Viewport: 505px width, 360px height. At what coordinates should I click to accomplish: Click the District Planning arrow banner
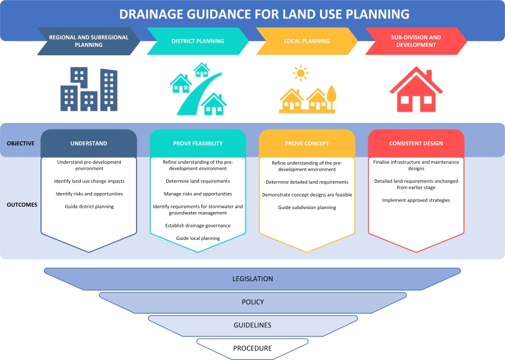(198, 41)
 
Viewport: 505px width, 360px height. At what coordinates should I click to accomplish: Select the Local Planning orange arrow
(306, 41)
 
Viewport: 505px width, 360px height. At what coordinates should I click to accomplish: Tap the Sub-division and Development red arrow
(416, 41)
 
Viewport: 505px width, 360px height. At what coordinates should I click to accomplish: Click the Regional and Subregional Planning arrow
(89, 41)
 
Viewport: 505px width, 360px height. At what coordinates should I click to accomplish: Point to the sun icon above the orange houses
(301, 74)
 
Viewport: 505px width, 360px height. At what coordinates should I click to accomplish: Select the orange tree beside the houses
(330, 97)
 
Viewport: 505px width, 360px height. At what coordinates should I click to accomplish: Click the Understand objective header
(89, 143)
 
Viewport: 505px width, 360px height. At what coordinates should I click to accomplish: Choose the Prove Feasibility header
(198, 143)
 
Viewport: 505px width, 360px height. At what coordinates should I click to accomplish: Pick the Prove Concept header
(307, 143)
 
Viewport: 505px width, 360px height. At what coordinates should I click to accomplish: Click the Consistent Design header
(416, 143)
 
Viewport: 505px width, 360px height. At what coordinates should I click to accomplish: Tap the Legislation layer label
(252, 279)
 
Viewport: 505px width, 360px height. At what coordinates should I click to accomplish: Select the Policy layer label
(252, 302)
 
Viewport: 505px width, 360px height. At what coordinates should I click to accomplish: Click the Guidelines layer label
(252, 325)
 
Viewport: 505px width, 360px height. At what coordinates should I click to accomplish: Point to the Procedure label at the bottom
(252, 348)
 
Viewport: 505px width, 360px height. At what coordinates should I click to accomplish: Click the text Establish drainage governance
(198, 226)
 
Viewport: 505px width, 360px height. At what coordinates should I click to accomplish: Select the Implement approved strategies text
(416, 200)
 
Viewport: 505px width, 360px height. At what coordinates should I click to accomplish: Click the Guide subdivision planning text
(307, 207)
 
